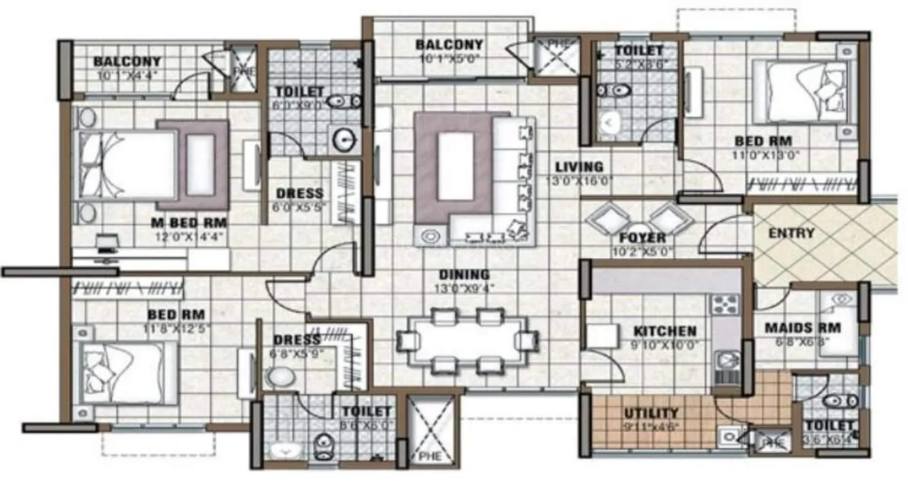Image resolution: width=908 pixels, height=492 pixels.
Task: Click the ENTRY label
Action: (x=791, y=233)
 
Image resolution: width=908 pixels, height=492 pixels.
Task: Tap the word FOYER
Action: (x=642, y=239)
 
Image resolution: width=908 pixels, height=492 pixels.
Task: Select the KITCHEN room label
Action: (x=665, y=332)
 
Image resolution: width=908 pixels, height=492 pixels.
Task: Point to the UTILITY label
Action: (x=650, y=413)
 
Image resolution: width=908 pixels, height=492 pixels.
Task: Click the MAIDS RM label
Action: (x=803, y=328)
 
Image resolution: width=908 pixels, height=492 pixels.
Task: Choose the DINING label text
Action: (x=464, y=275)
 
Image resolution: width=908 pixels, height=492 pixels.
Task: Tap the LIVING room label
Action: (x=578, y=166)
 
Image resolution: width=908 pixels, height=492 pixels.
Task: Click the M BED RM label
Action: (x=189, y=223)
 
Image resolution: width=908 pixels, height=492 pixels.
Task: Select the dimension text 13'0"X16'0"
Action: (x=579, y=181)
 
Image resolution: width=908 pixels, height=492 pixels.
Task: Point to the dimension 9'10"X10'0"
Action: (x=665, y=345)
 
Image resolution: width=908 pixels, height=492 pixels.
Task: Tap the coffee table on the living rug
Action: (x=455, y=166)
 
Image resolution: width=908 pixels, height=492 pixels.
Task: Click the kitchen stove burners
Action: (x=724, y=303)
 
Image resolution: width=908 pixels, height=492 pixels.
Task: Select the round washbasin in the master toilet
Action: (x=345, y=141)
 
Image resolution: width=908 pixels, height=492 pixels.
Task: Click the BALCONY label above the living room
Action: (x=449, y=46)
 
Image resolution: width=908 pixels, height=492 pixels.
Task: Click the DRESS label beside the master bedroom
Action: (x=300, y=194)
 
